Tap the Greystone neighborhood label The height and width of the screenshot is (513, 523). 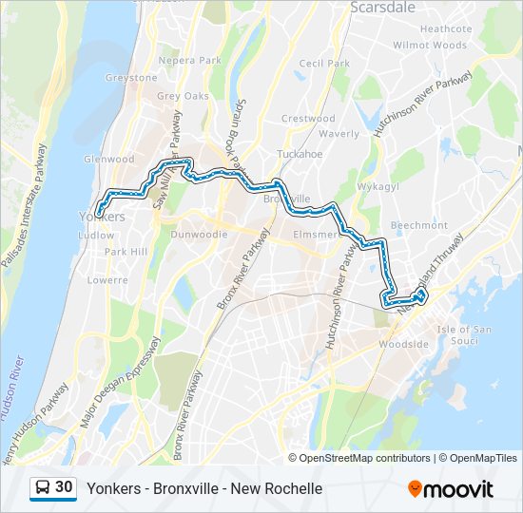(x=131, y=78)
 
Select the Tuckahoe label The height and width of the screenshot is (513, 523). (x=300, y=154)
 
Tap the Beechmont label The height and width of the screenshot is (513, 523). (x=418, y=225)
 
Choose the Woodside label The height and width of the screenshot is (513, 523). (x=405, y=344)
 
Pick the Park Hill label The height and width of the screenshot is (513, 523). (x=126, y=252)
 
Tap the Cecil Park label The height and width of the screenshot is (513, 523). (x=324, y=64)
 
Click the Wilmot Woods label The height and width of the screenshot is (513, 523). (x=430, y=45)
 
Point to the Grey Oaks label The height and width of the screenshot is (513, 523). (x=183, y=96)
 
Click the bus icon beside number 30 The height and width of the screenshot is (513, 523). (x=43, y=487)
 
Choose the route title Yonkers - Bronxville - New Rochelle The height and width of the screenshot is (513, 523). (x=204, y=488)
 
